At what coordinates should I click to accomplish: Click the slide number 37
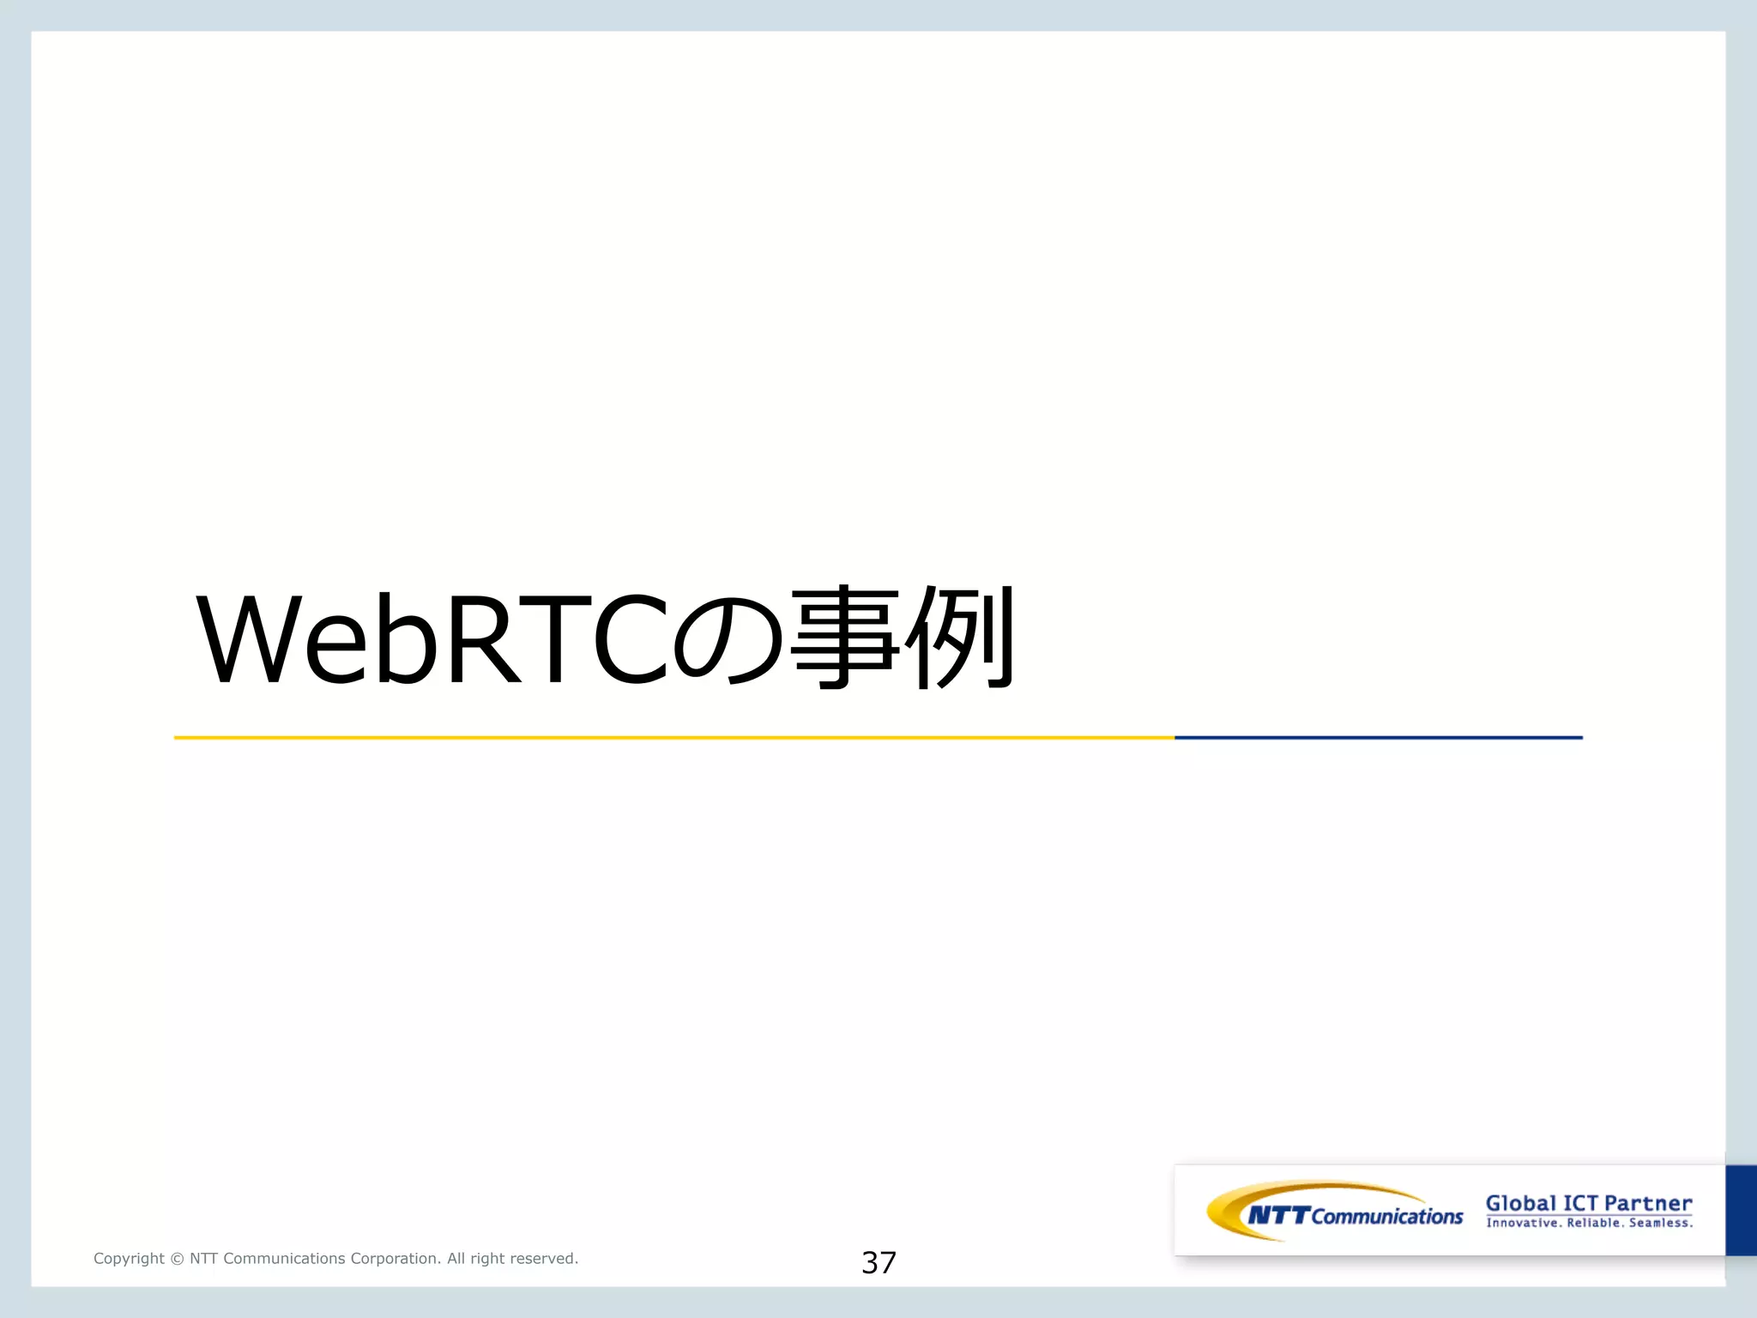[x=878, y=1262]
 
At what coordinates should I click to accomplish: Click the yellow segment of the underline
[x=673, y=737]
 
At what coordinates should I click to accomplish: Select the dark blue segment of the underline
[x=1378, y=737]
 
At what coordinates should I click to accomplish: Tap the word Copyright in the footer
[x=129, y=1259]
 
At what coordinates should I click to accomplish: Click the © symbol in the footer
[x=177, y=1259]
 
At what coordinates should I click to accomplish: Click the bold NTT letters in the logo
[x=1278, y=1215]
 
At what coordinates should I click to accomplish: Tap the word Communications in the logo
[x=1387, y=1217]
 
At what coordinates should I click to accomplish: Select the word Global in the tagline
[x=1521, y=1203]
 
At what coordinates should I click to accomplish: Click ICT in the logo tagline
[x=1580, y=1203]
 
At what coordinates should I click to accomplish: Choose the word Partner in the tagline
[x=1648, y=1203]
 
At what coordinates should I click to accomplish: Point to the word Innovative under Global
[x=1523, y=1223]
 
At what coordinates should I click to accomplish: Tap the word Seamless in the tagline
[x=1661, y=1223]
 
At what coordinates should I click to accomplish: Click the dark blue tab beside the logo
[x=1741, y=1210]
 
